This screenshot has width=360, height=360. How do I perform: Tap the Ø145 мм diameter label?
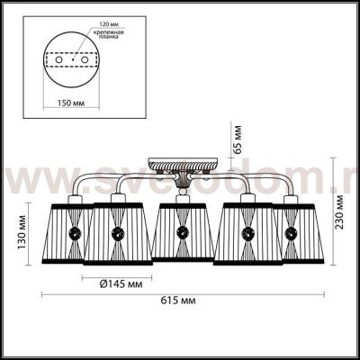120,283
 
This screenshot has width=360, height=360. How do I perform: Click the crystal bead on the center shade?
183,235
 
